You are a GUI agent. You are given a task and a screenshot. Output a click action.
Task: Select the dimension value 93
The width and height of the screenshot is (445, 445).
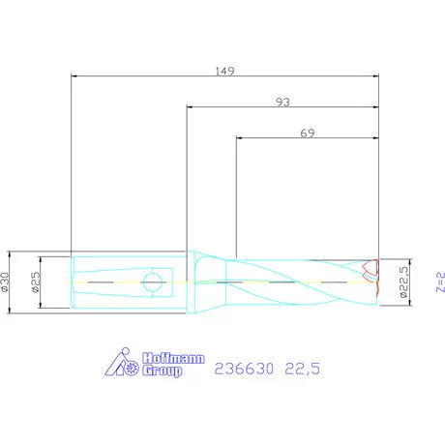pyautogui.click(x=283, y=102)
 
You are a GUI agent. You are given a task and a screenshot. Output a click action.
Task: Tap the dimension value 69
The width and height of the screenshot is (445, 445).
pyautogui.click(x=308, y=135)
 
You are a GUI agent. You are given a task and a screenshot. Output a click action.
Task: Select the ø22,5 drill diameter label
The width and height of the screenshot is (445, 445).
pyautogui.click(x=403, y=283)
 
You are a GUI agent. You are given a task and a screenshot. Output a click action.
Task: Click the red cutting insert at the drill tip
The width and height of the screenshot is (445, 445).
pyautogui.click(x=369, y=268)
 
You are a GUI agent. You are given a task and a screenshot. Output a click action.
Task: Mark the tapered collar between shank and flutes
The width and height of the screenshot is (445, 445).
pyautogui.click(x=202, y=282)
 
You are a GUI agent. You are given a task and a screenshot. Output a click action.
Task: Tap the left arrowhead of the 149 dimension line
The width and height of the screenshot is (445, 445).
pyautogui.click(x=75, y=78)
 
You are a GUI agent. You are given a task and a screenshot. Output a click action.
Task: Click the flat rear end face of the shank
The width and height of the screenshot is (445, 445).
pyautogui.click(x=73, y=282)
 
